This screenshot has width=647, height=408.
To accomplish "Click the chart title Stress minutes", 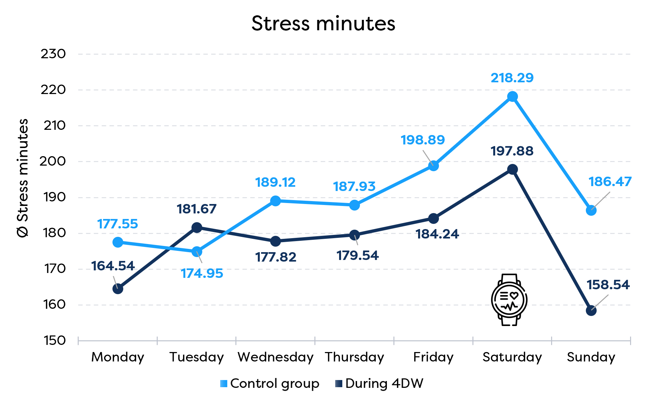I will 323,24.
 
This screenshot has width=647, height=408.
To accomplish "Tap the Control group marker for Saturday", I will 512,97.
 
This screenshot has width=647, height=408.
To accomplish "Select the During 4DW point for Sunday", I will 591,311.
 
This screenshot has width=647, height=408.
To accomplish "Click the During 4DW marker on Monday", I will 118,289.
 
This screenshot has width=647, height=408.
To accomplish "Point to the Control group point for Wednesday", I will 275,201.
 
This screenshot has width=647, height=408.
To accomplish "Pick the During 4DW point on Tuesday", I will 197,227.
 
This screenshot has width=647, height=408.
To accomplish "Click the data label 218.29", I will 512,78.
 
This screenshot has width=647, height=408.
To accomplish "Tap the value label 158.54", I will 608,285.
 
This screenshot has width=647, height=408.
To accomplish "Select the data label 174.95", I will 202,274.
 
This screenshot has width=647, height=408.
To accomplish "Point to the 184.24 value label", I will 437,234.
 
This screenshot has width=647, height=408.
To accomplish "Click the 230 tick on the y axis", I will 53,54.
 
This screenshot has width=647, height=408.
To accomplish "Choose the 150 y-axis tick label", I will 55,341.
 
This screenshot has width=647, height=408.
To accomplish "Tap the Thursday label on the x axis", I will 354,357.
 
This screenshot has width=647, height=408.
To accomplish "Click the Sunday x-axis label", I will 591,357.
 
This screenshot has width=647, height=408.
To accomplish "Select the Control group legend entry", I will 270,384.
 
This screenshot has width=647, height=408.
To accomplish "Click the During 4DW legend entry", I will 379,384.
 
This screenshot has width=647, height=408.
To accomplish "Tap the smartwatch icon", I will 509,300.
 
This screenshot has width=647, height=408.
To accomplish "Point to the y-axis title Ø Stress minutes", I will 23,178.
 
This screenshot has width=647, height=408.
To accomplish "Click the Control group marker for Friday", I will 433,166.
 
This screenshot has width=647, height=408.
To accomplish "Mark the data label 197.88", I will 512,151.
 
